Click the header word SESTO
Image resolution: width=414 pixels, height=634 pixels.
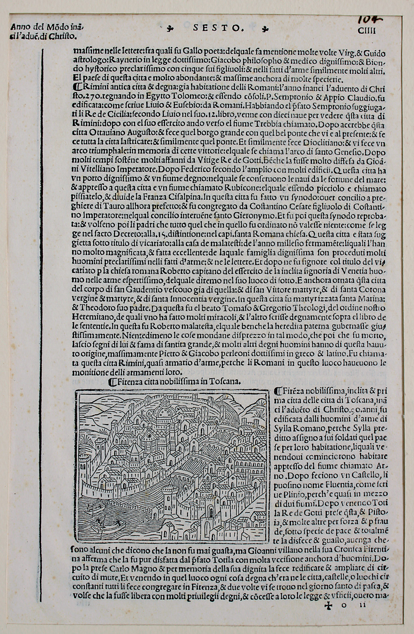pos(217,29)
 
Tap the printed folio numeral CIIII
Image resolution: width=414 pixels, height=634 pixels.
pos(366,31)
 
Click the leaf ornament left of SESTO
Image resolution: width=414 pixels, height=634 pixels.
pos(171,29)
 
